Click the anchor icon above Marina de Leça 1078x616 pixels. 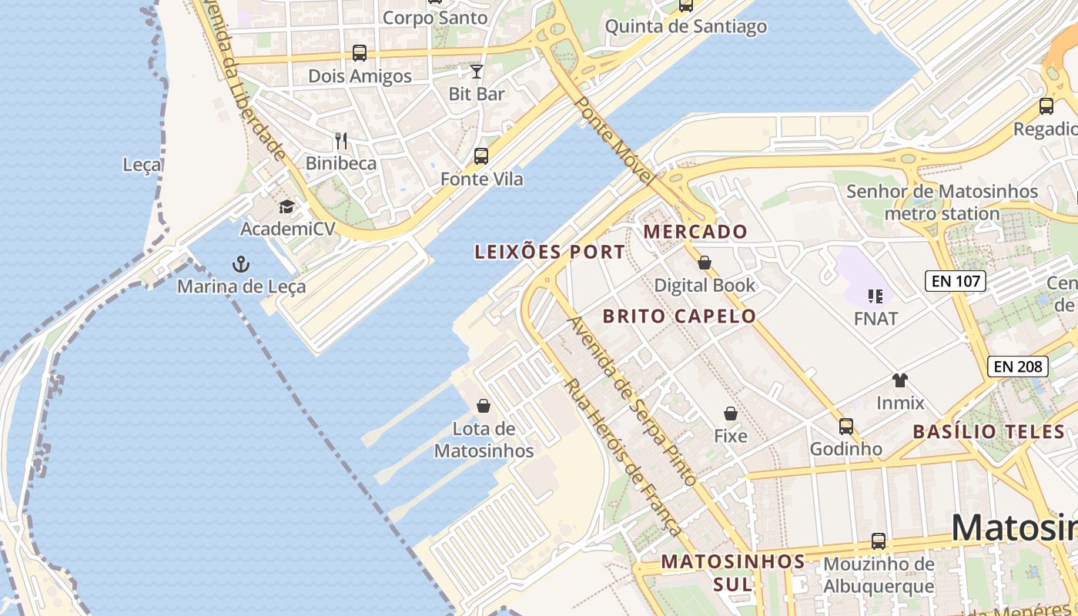[x=241, y=265]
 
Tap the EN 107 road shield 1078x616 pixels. [x=956, y=281]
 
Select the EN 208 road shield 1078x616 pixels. [x=1018, y=367]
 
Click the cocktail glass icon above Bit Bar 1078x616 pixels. [x=477, y=72]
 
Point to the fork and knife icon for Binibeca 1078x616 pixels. [x=341, y=141]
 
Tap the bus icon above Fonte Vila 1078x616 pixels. [x=481, y=156]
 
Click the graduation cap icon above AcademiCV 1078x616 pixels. [x=287, y=206]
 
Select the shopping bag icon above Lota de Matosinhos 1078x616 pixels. [x=484, y=406]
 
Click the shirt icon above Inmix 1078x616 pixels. [x=899, y=380]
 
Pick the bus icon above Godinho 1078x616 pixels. [x=846, y=426]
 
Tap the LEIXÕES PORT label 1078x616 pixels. [x=550, y=252]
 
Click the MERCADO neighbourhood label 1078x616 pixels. [x=695, y=232]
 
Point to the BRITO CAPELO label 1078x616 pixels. [x=679, y=316]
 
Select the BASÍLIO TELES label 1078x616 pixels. [x=989, y=432]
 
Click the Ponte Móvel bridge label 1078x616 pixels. [x=615, y=142]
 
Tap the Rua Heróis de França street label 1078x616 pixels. [x=623, y=457]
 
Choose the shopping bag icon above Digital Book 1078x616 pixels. [x=704, y=263]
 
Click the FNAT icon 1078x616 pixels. [x=875, y=296]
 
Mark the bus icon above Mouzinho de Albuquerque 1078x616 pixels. [x=878, y=541]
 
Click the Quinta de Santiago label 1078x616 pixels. [x=685, y=26]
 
